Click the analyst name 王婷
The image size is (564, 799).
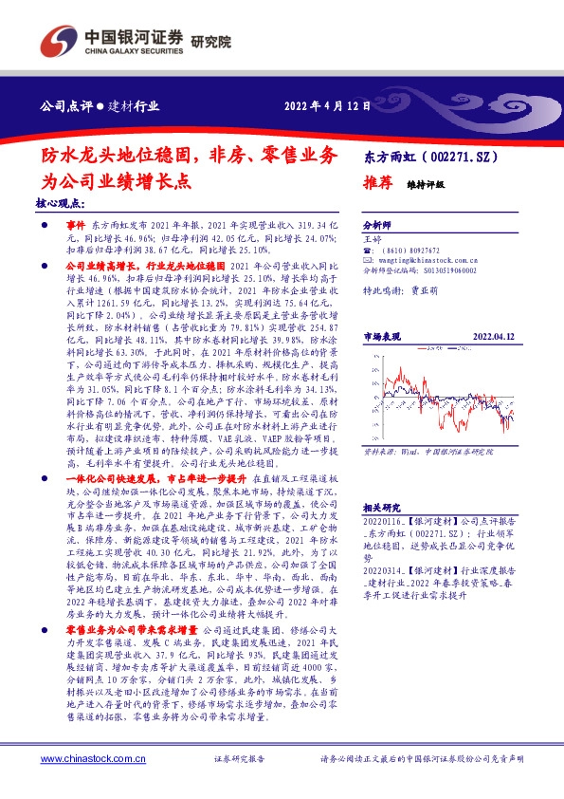click(x=373, y=241)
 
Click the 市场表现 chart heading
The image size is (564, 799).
click(x=383, y=336)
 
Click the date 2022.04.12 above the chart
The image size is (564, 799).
click(x=494, y=336)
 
